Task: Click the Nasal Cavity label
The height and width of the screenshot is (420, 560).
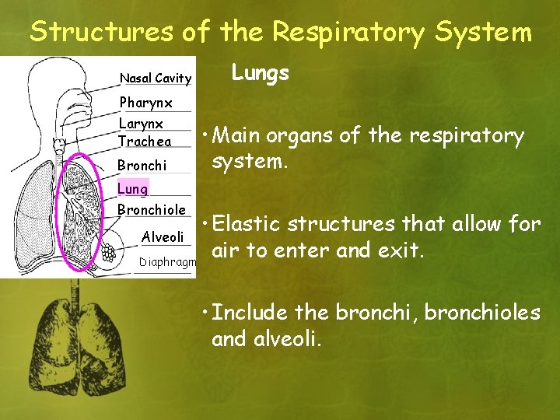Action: (155, 78)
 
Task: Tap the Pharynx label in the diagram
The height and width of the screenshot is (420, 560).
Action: (145, 103)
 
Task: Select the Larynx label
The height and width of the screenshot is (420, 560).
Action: (141, 124)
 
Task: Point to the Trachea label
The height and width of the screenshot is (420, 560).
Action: (145, 142)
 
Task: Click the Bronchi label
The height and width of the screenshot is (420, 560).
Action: (142, 166)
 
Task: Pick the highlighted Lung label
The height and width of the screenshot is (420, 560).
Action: (132, 189)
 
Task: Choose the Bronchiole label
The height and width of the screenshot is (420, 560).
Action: (151, 210)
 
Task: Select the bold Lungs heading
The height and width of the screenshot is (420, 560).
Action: (261, 74)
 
